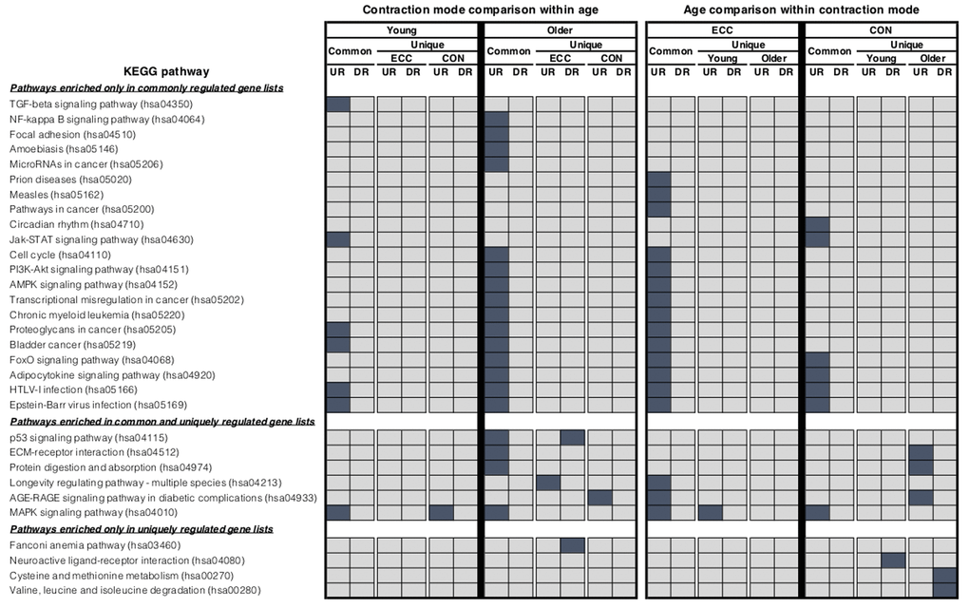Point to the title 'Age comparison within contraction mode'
coord(801,9)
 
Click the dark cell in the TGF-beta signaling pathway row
coord(338,104)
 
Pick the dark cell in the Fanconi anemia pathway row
coord(572,545)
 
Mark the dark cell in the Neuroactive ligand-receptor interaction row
coord(893,560)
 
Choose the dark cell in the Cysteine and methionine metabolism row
coord(944,576)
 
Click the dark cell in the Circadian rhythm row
coord(817,224)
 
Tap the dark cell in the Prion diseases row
coord(659,180)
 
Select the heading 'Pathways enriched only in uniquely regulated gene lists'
coord(142,528)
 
